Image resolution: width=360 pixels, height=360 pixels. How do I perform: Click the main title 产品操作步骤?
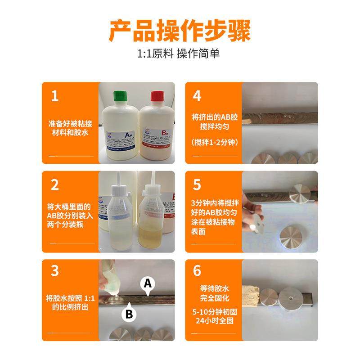[180, 30]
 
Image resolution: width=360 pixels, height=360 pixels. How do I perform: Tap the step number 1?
[54, 96]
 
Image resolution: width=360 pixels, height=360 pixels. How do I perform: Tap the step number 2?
[55, 184]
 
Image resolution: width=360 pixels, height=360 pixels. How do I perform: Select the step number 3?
[55, 271]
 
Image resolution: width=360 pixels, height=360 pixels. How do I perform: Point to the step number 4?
[197, 96]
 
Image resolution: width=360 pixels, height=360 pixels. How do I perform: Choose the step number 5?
[197, 184]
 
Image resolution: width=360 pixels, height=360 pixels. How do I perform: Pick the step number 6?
[197, 271]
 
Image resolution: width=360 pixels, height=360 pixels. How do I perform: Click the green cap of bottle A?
[119, 96]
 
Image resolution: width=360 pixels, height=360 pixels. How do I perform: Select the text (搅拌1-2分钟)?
[214, 143]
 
